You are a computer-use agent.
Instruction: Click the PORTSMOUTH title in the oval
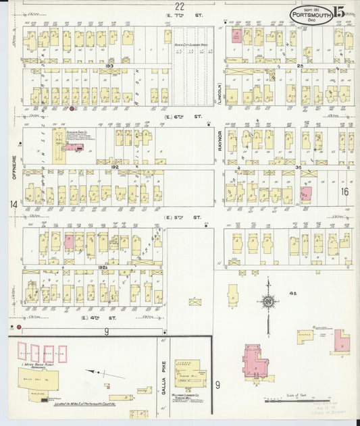pos(309,14)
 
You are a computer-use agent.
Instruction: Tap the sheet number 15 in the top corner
pos(338,12)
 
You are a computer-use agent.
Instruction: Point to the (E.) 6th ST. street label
pos(180,115)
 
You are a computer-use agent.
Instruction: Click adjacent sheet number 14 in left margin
pos(12,204)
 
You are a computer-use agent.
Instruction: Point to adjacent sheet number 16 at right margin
pos(344,192)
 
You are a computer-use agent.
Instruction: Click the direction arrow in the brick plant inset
pos(97,373)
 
